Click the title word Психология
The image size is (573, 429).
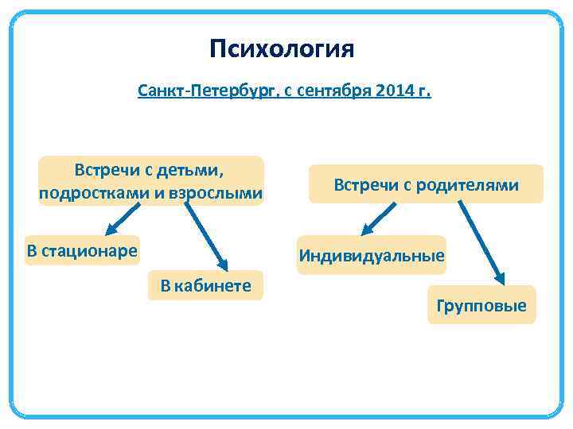pyautogui.click(x=282, y=50)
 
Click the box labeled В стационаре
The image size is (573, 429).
pyautogui.click(x=82, y=252)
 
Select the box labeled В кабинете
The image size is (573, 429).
pyautogui.click(x=206, y=286)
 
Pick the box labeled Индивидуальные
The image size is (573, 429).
pyautogui.click(x=371, y=257)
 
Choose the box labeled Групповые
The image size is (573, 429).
pyautogui.click(x=481, y=305)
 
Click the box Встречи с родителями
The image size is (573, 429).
pyautogui.click(x=426, y=185)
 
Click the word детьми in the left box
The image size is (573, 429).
pyautogui.click(x=192, y=170)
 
